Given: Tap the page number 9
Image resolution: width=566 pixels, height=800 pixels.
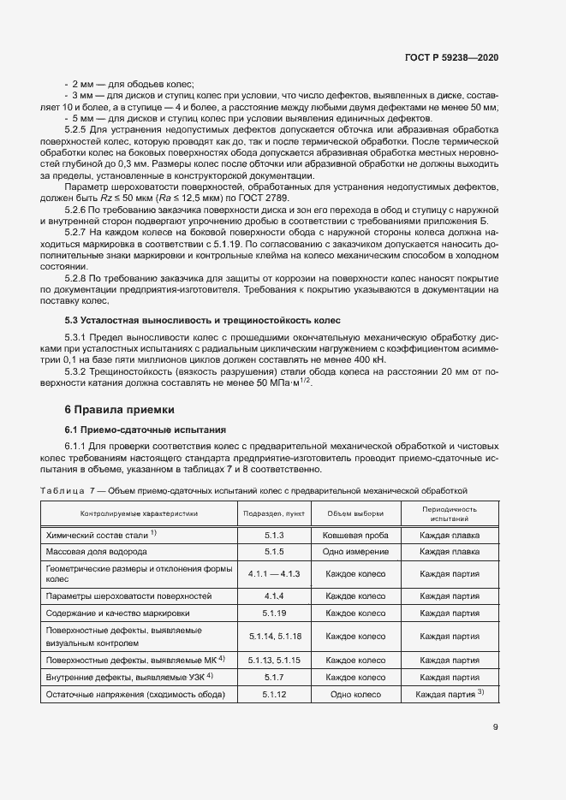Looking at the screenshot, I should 496,727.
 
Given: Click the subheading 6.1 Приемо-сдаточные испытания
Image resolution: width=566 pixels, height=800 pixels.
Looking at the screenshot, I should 145,429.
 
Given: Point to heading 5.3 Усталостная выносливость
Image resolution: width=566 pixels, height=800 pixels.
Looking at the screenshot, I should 203,320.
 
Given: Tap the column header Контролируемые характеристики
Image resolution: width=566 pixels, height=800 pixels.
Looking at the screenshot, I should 140,513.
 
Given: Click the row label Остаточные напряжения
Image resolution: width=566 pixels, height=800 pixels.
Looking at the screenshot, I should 134,694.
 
